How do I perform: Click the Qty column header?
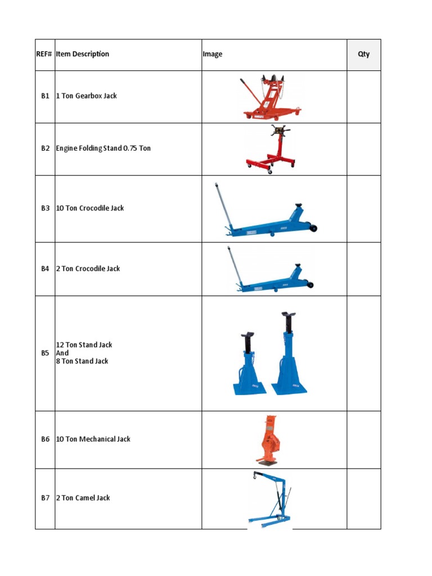pyautogui.click(x=363, y=55)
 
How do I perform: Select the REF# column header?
pyautogui.click(x=45, y=55)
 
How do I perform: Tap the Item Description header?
pyautogui.click(x=83, y=55)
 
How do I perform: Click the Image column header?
pyautogui.click(x=213, y=55)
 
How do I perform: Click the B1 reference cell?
pyautogui.click(x=45, y=96)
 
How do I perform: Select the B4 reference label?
pyautogui.click(x=45, y=269)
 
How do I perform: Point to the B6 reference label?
pyautogui.click(x=45, y=439)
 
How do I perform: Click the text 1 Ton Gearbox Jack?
pyautogui.click(x=87, y=96)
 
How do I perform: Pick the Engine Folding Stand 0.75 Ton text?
pyautogui.click(x=103, y=148)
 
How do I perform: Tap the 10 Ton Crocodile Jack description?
pyautogui.click(x=90, y=208)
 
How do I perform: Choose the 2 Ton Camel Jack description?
pyautogui.click(x=83, y=498)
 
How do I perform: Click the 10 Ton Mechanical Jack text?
pyautogui.click(x=93, y=439)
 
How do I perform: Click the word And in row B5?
pyautogui.click(x=62, y=353)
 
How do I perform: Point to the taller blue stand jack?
pyautogui.click(x=290, y=354)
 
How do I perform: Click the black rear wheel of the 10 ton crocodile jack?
pyautogui.click(x=312, y=228)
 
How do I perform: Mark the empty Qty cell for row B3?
pyautogui.click(x=363, y=209)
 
